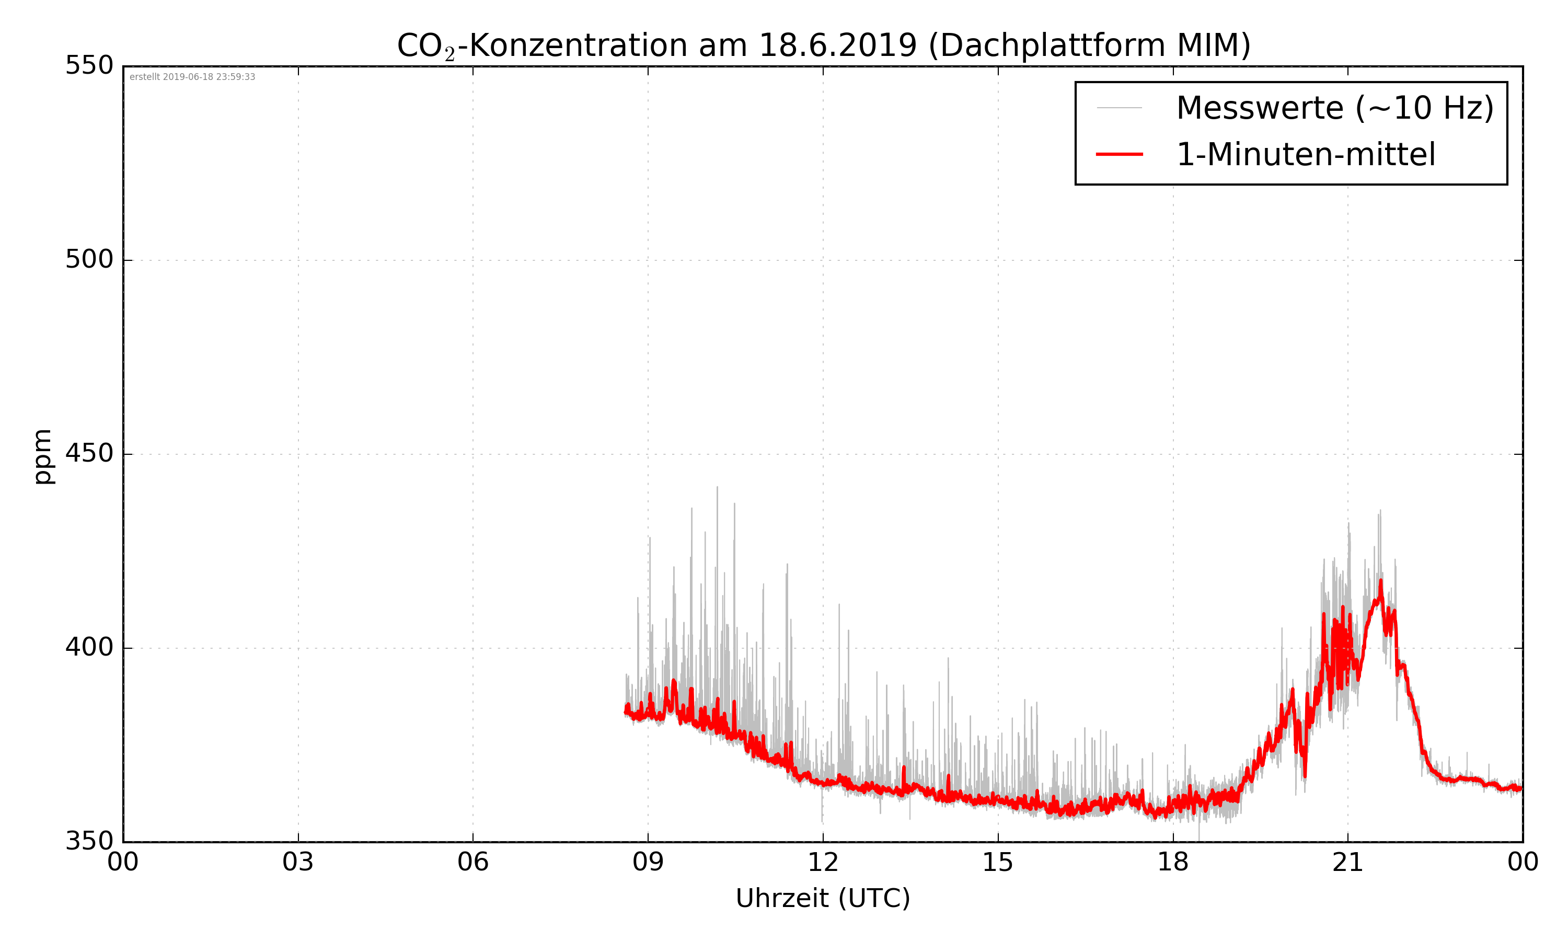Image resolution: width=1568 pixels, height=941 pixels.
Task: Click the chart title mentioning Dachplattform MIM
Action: click(x=823, y=45)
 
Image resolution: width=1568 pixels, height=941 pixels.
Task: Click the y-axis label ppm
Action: click(x=42, y=456)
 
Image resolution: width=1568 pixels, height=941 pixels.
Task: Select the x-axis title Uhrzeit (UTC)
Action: click(x=823, y=898)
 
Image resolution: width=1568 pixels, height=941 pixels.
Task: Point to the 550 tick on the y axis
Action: click(x=89, y=65)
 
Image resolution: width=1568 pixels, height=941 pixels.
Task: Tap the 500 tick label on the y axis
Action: click(x=89, y=259)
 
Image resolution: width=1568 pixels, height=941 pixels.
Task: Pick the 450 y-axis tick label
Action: click(x=89, y=453)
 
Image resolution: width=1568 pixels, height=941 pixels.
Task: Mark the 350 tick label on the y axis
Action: click(x=89, y=842)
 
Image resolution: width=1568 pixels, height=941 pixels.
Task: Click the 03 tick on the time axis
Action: click(x=298, y=863)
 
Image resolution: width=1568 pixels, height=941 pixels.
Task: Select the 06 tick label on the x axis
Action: click(x=473, y=863)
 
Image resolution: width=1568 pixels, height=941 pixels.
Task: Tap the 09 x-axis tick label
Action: click(x=648, y=863)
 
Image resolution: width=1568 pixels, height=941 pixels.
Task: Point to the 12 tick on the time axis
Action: click(x=823, y=863)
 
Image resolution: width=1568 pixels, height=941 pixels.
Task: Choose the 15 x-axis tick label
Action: click(x=998, y=863)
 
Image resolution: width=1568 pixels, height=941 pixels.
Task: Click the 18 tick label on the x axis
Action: click(x=1172, y=863)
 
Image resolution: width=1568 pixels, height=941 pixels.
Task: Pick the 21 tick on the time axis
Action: click(x=1347, y=863)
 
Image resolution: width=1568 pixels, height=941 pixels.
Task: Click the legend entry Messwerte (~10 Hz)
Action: click(x=1335, y=108)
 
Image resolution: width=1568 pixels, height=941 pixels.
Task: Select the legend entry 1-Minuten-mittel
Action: click(x=1306, y=155)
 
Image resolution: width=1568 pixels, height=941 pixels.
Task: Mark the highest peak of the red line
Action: click(x=1380, y=581)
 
